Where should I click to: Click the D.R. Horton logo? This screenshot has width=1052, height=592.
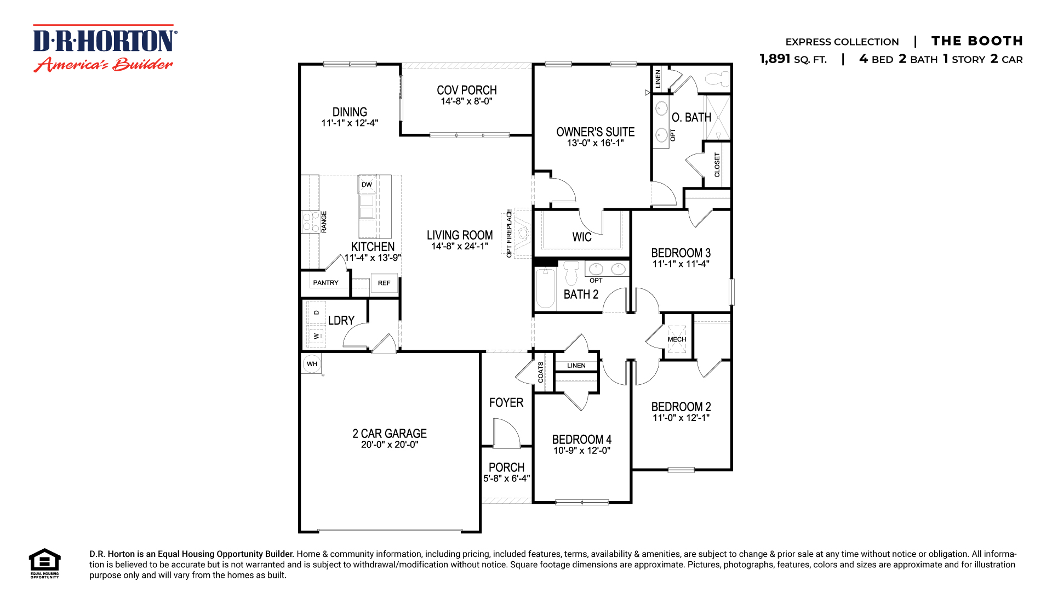coord(104,48)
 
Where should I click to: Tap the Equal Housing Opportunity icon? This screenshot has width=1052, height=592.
coord(44,562)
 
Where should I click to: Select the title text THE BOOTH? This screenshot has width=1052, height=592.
coord(976,41)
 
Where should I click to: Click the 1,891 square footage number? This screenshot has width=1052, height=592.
coord(775,59)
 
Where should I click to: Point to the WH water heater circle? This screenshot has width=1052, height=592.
coord(312,363)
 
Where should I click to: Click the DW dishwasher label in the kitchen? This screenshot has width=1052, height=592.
coord(367,185)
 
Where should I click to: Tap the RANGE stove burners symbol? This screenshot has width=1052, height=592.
coord(311,222)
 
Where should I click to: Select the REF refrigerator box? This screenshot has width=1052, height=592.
coord(384,283)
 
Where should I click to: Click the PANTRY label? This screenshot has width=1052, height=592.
coord(325,283)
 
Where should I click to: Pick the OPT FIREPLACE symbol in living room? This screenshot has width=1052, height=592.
coord(522,233)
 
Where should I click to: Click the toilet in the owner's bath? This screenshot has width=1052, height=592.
coord(718,79)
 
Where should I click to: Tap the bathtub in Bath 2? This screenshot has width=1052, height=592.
coord(545,288)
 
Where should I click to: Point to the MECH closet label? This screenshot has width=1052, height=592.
coord(677,339)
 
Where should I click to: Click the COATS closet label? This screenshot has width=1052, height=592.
coord(541,372)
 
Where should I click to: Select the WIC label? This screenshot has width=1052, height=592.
coord(582,237)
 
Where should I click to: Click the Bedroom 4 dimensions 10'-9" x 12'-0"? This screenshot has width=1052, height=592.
coord(581,451)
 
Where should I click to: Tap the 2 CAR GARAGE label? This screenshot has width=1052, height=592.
coord(389,434)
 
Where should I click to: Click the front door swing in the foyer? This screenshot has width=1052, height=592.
coord(506,433)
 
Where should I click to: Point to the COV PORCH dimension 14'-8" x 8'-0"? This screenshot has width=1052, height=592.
coord(466,101)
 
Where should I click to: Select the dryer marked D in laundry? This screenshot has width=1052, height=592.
coord(316,312)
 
